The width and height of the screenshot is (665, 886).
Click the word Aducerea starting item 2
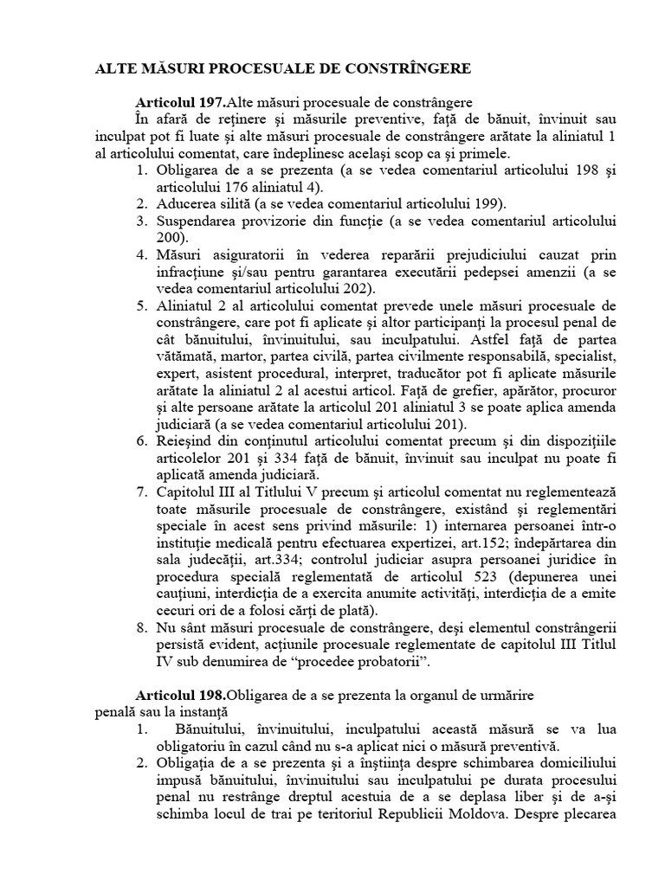coord(186,203)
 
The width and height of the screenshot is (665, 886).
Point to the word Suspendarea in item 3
coord(197,221)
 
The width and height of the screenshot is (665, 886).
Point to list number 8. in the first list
coord(142,628)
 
